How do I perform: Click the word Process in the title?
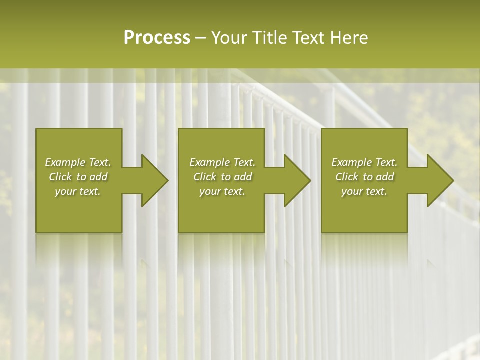[x=157, y=38]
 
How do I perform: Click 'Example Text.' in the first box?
[x=78, y=162]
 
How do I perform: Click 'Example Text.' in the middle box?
[x=222, y=162]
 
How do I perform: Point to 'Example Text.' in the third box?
[x=364, y=162]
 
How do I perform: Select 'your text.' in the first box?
[x=78, y=191]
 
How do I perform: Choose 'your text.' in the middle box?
[x=222, y=191]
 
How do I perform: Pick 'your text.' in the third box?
[x=364, y=191]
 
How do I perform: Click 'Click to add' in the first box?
[x=78, y=177]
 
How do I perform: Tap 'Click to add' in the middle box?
[x=222, y=177]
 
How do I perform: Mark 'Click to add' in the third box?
[x=364, y=177]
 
